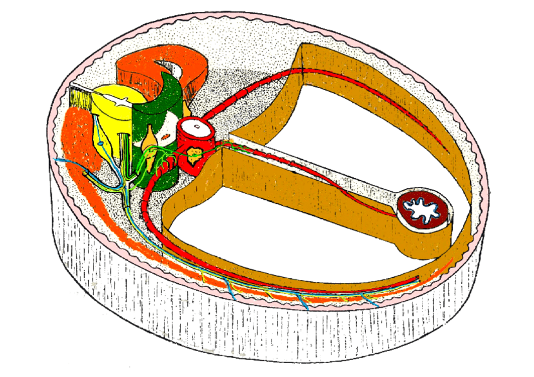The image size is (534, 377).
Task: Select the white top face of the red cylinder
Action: (196, 127)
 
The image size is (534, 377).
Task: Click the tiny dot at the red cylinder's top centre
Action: (196, 127)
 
